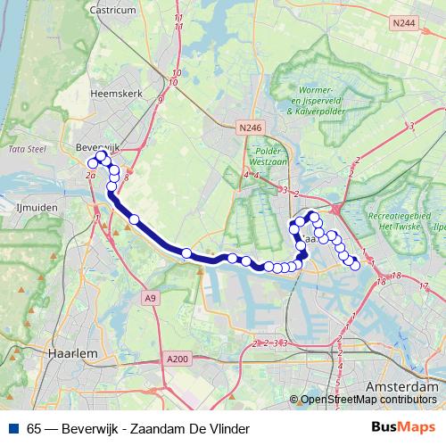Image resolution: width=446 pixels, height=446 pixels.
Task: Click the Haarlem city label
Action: click(x=75, y=353)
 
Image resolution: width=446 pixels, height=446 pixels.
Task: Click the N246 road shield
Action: click(x=251, y=128)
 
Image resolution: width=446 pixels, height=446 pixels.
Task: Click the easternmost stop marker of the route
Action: click(x=355, y=263)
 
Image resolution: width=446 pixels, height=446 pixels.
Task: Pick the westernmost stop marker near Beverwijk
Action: click(x=92, y=163)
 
